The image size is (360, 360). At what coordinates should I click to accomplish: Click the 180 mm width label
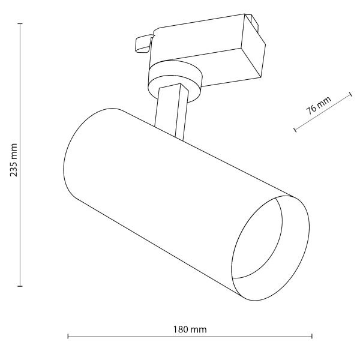coord(190,330)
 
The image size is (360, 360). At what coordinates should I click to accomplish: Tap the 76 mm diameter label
coord(319,106)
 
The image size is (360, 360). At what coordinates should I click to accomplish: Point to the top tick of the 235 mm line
coord(20,24)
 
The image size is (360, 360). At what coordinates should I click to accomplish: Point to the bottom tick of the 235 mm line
coord(20,286)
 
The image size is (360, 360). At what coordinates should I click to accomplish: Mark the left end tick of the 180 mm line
coord(68,337)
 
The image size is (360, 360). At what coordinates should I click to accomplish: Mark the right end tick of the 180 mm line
coord(312,337)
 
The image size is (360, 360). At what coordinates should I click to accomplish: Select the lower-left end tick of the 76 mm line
coord(295,128)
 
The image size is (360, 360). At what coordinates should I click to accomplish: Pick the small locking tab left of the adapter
coord(143,43)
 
